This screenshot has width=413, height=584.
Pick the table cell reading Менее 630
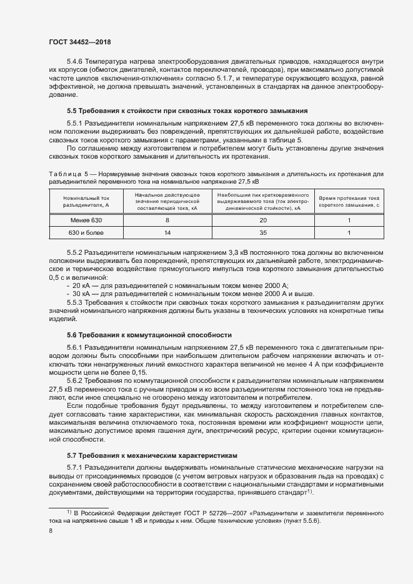(86, 220)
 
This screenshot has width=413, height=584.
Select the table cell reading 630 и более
(86, 234)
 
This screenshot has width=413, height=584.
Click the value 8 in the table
(167, 220)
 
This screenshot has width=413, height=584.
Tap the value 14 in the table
(167, 234)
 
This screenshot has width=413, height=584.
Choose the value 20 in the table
(263, 220)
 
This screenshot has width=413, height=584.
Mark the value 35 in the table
(263, 234)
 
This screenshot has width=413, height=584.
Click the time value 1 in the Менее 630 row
(349, 220)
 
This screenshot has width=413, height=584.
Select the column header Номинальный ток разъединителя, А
(86, 201)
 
